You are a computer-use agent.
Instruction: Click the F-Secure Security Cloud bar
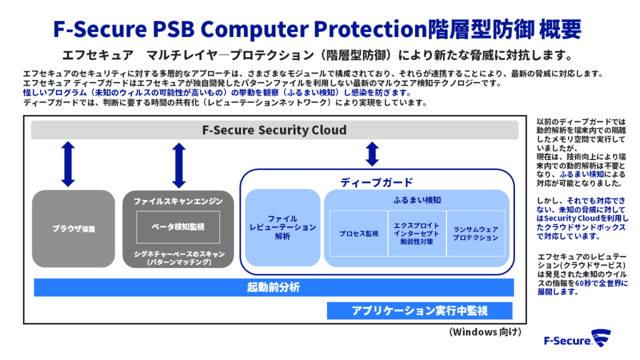tap(275, 130)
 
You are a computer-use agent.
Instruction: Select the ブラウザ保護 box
tap(74, 229)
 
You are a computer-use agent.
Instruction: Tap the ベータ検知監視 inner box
tap(178, 227)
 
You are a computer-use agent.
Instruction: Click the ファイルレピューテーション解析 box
tap(282, 227)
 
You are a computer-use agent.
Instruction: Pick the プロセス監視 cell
tap(359, 234)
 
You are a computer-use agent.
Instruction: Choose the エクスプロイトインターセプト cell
tap(417, 234)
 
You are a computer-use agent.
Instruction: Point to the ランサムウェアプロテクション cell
tap(476, 234)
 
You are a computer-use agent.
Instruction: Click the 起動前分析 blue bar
tap(274, 287)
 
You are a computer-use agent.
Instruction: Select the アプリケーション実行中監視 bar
tap(419, 311)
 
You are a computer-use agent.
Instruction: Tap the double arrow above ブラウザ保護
tap(68, 164)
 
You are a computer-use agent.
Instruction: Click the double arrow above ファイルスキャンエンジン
tap(179, 165)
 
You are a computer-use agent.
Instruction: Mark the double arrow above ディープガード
tap(372, 154)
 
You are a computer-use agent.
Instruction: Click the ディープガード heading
tap(376, 182)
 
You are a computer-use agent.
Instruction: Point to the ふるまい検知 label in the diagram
tap(417, 200)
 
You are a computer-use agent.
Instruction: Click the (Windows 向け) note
tap(485, 332)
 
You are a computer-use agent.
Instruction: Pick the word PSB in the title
tap(173, 29)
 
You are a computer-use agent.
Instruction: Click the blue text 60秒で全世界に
tap(602, 283)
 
